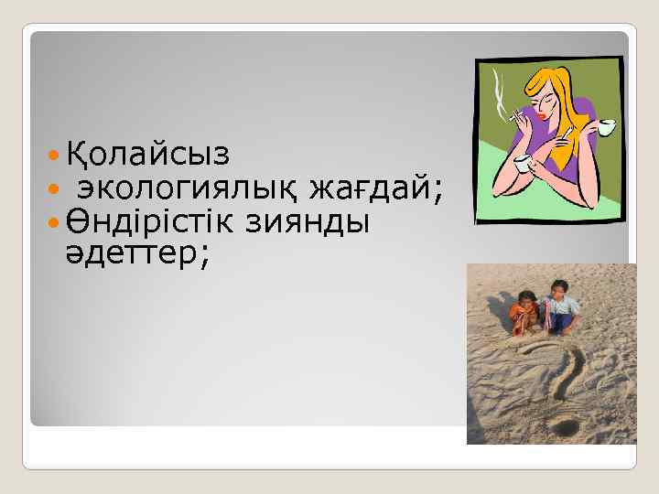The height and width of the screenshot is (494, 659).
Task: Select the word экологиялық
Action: click(x=189, y=189)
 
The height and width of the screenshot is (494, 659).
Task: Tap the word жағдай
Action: click(x=374, y=189)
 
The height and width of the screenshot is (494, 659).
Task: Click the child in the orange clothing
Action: click(x=524, y=311)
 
